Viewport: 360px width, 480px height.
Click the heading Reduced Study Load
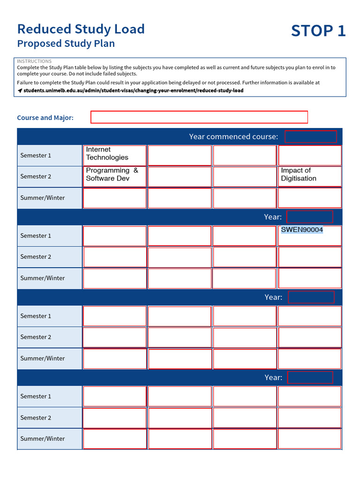tap(81, 29)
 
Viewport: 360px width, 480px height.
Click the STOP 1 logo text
tap(318, 31)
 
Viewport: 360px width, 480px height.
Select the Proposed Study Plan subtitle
tap(66, 44)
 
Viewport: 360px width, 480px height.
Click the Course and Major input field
tap(199, 117)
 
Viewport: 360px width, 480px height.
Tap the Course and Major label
tap(45, 118)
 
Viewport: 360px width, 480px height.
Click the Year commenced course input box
tap(310, 136)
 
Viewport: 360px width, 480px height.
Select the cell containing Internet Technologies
tap(114, 155)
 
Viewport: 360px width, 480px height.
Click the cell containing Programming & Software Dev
tap(114, 176)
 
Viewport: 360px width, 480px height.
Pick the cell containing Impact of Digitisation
tap(309, 176)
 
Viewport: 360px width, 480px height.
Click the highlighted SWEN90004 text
tap(302, 230)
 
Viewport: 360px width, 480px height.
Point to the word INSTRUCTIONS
tap(34, 61)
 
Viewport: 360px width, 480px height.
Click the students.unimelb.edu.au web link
tap(133, 90)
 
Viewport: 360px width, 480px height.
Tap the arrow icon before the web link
tap(20, 90)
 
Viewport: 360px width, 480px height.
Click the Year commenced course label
tap(233, 136)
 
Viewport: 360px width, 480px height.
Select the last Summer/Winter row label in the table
tap(43, 439)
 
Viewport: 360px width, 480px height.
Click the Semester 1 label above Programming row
tap(36, 155)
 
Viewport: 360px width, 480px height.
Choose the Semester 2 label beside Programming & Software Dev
tap(36, 176)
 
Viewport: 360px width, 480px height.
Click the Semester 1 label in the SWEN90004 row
tap(36, 236)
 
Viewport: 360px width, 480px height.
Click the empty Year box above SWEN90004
tap(309, 217)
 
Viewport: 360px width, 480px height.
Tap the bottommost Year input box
tap(310, 377)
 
